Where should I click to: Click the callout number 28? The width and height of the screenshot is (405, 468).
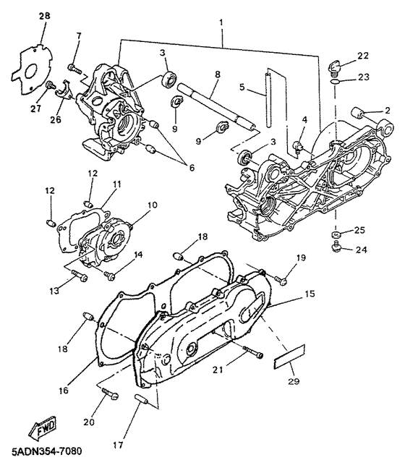pyautogui.click(x=44, y=15)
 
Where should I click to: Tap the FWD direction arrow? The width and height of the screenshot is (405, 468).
pyautogui.click(x=43, y=426)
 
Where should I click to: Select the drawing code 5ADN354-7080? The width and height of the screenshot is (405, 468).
pyautogui.click(x=46, y=451)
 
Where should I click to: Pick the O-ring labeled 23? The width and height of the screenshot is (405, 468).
pyautogui.click(x=336, y=82)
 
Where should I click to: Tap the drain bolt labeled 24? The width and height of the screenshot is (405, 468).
pyautogui.click(x=336, y=247)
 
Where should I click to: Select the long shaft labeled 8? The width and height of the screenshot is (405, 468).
pyautogui.click(x=216, y=106)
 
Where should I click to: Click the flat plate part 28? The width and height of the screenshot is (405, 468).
pyautogui.click(x=31, y=70)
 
